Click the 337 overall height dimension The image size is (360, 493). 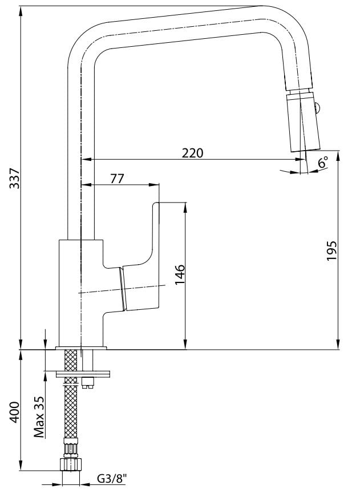pyautogui.click(x=14, y=178)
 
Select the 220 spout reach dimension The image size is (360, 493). pyautogui.click(x=192, y=153)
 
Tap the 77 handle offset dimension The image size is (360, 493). pyautogui.click(x=118, y=179)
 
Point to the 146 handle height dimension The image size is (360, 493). pyautogui.click(x=180, y=274)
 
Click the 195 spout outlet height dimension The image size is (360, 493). pyautogui.click(x=331, y=250)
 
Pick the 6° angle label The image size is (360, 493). pyautogui.click(x=322, y=162)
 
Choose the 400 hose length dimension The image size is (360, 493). pyautogui.click(x=14, y=412)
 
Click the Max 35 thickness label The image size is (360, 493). pyautogui.click(x=39, y=417)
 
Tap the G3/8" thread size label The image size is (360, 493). pyautogui.click(x=112, y=479)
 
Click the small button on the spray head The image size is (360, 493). pyautogui.click(x=318, y=109)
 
